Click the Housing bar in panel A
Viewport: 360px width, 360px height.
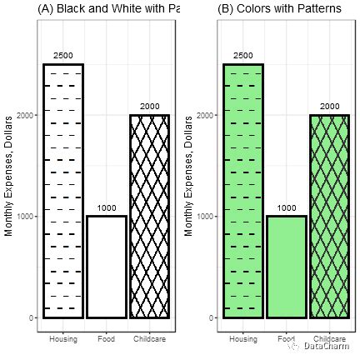tap(63, 191)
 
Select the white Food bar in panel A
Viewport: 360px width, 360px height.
tap(106, 267)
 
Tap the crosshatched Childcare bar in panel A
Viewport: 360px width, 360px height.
tap(149, 216)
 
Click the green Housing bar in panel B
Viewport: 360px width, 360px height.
tap(243, 191)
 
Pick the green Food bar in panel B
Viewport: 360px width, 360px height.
tap(286, 267)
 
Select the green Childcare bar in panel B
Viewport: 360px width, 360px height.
tap(329, 216)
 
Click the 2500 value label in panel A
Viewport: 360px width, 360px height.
tap(63, 55)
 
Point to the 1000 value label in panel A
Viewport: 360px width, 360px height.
tap(106, 207)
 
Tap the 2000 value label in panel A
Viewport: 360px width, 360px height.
tap(149, 107)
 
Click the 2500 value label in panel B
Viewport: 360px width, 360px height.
tap(243, 55)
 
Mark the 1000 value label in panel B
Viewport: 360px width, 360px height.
tap(286, 207)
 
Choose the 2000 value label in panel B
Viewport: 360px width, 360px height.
tap(329, 107)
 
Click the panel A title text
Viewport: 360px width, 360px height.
tap(108, 8)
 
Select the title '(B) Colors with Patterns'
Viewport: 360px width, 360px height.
tap(279, 8)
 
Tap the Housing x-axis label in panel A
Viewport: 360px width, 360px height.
tap(63, 339)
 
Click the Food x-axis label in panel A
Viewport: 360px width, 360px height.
tap(106, 339)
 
